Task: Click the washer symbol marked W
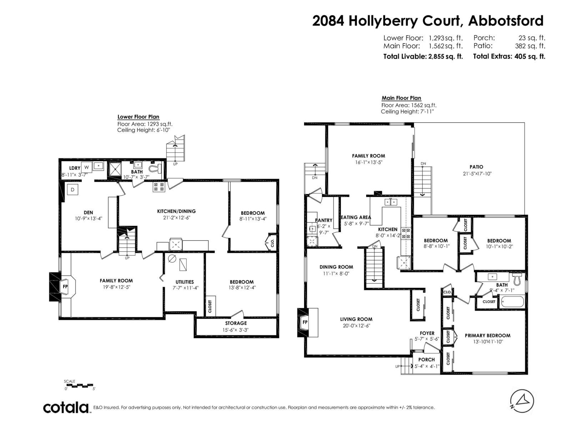pos(86,167)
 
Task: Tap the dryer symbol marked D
pos(72,190)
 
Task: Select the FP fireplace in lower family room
pos(65,286)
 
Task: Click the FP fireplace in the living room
pos(305,322)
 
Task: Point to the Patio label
pos(476,167)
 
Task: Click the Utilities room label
pos(185,282)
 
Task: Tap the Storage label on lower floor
pos(236,323)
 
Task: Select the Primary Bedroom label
pos(487,335)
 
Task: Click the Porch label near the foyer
pos(426,360)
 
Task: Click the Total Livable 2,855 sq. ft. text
pos(423,56)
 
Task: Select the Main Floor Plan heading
pos(401,98)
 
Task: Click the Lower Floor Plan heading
pos(138,117)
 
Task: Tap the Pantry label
pos(324,220)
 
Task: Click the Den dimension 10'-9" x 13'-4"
pos(88,218)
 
